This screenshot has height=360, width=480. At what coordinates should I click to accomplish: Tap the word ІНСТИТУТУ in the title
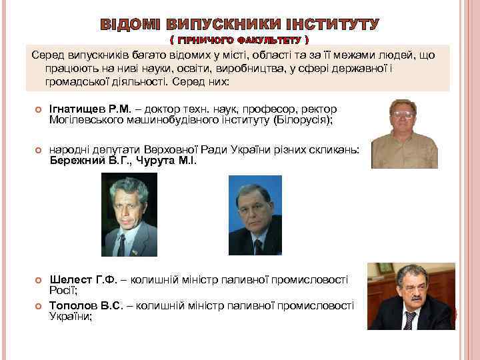(331, 25)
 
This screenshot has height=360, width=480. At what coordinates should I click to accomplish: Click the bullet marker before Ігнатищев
(38, 109)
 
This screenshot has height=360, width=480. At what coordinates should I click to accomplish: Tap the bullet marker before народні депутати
(38, 151)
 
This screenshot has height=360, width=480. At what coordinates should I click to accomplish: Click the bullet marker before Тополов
(38, 305)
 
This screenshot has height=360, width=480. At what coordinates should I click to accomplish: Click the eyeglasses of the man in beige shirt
(403, 114)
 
